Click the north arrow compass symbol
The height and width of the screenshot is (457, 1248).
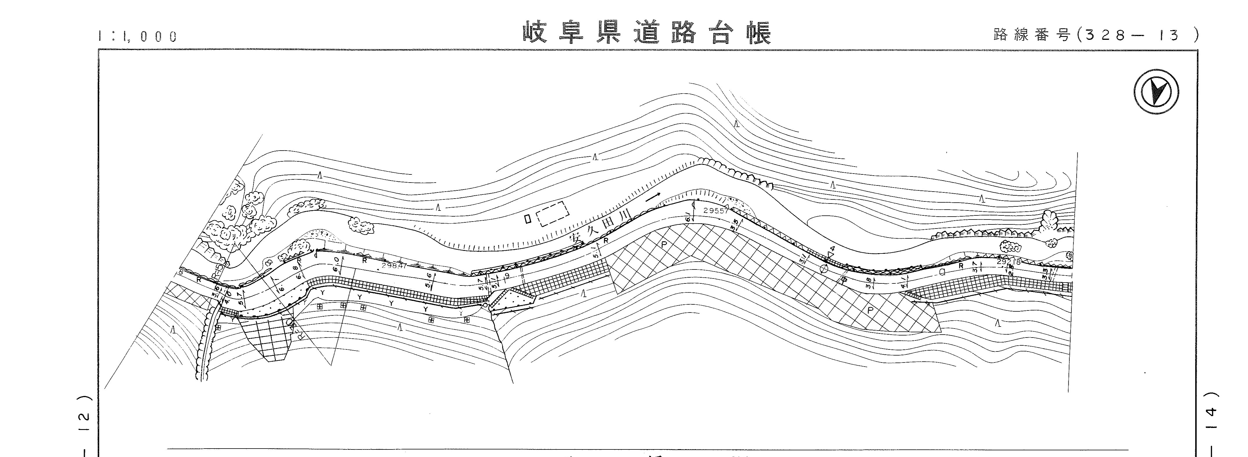coord(1156,92)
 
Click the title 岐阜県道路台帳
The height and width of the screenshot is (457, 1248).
coord(647,33)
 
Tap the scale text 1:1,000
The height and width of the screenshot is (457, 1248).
coord(137,36)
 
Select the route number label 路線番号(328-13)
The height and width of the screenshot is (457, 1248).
coord(1095,35)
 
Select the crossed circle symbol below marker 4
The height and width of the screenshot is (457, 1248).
coord(823,268)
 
